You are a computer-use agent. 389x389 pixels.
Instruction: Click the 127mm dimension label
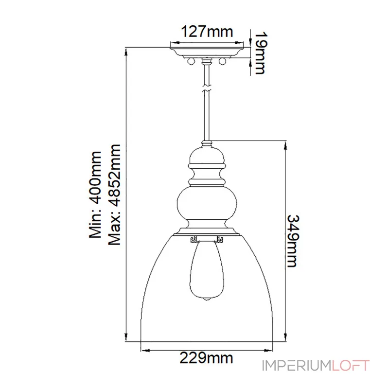[207, 32]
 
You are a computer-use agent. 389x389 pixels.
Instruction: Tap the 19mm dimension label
[260, 53]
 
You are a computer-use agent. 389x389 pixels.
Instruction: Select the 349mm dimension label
[293, 241]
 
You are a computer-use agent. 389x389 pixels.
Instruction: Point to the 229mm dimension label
[206, 358]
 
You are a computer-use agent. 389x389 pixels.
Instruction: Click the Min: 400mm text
[95, 195]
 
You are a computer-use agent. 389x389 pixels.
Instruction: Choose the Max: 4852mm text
[114, 195]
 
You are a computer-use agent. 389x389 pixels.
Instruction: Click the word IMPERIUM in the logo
[297, 366]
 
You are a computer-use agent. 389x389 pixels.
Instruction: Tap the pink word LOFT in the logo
[351, 366]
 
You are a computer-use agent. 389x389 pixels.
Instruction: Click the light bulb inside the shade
[207, 270]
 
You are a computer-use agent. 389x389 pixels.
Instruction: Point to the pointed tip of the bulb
[207, 301]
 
